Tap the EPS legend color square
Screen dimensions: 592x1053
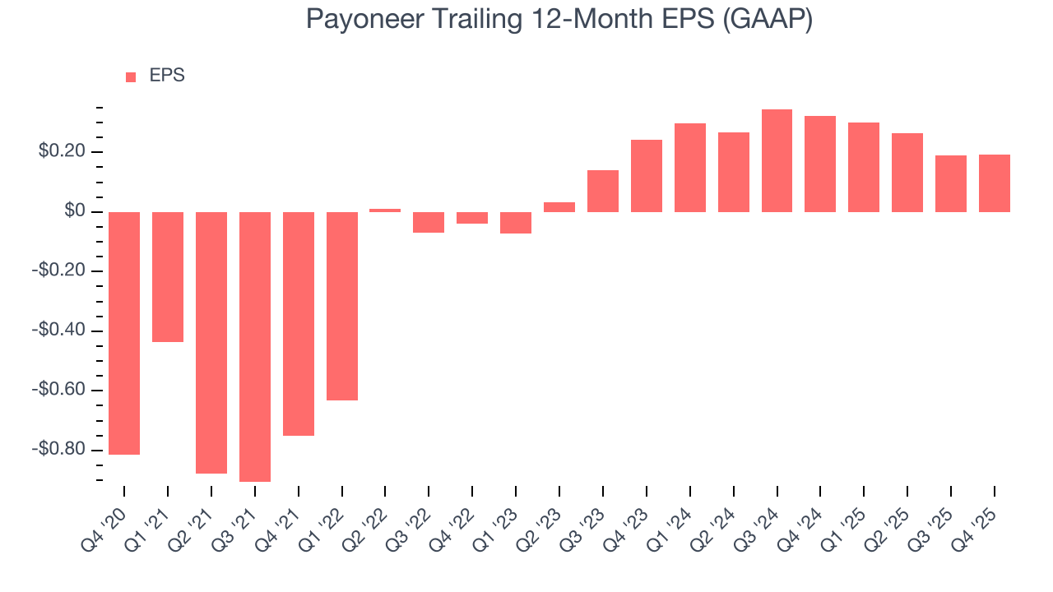coord(131,77)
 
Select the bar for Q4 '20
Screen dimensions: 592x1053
coord(124,333)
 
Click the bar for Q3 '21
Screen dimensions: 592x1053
coord(255,346)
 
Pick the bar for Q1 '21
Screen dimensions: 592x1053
coord(168,276)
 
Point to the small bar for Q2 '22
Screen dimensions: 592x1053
coord(385,210)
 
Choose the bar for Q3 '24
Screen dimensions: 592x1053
coord(777,161)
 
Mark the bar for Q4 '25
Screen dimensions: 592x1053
coord(994,183)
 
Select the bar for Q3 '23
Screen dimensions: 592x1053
coord(603,191)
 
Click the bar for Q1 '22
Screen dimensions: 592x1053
coord(342,306)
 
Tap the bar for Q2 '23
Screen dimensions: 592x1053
coord(559,207)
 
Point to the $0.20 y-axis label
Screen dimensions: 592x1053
coord(62,152)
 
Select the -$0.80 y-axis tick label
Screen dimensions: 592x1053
coord(60,450)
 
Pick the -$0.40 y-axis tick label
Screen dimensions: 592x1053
coord(60,331)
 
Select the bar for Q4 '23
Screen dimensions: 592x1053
coord(647,176)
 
